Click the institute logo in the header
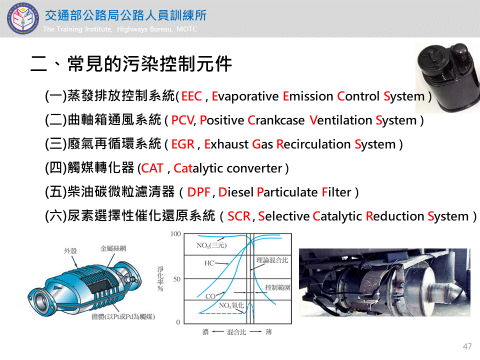pyautogui.click(x=23, y=18)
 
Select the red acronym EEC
pyautogui.click(x=191, y=96)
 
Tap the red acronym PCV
pyautogui.click(x=183, y=120)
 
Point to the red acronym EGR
pyautogui.click(x=183, y=144)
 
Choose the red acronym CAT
pyautogui.click(x=152, y=168)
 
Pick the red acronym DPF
pyautogui.click(x=198, y=192)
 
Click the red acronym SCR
pyautogui.click(x=239, y=216)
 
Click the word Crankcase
pyautogui.click(x=276, y=120)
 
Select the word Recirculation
pyautogui.click(x=313, y=144)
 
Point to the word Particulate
pyautogui.click(x=287, y=192)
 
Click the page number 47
pyautogui.click(x=467, y=346)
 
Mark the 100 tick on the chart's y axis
pyautogui.click(x=175, y=234)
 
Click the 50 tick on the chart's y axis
pyautogui.click(x=177, y=279)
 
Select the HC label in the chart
pyautogui.click(x=209, y=263)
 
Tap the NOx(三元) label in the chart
pyautogui.click(x=211, y=245)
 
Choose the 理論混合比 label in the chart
pyautogui.click(x=272, y=260)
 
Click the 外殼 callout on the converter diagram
pyautogui.click(x=70, y=251)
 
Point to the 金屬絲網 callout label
pyautogui.click(x=113, y=248)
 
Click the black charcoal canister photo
pyautogui.click(x=447, y=78)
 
